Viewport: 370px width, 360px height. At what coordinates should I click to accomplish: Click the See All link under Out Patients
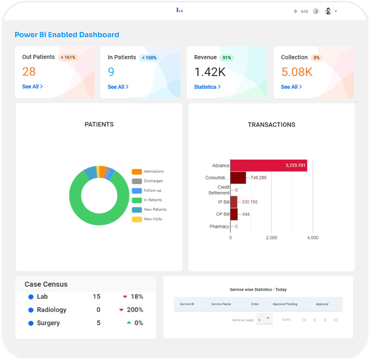point(32,87)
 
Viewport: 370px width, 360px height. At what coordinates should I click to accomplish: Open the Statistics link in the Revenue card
point(207,87)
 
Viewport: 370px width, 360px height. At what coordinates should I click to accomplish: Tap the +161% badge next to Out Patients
point(68,57)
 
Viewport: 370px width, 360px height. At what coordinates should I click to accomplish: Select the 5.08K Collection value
point(297,72)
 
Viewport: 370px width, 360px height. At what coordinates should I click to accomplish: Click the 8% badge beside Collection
point(316,58)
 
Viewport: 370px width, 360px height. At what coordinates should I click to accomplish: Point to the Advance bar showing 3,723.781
point(268,166)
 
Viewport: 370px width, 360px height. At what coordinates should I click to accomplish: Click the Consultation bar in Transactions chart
point(238,178)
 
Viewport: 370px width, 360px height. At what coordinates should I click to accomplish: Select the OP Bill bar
point(234,214)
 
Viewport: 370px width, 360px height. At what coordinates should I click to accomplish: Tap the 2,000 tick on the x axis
point(271,238)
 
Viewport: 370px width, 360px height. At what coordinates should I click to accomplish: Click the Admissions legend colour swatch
point(137,172)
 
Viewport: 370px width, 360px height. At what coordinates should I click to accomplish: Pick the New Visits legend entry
point(153,219)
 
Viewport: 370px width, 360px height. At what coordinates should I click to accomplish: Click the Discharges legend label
point(153,181)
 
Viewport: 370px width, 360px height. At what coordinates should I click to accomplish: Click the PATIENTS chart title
point(99,124)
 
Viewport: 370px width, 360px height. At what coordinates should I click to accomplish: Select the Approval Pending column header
point(285,304)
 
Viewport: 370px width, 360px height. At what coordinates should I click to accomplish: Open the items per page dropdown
point(264,319)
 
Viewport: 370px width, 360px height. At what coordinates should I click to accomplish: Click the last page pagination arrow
point(335,320)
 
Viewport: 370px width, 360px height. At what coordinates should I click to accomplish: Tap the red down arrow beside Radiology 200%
point(121,310)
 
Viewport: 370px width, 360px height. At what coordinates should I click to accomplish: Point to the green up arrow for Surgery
point(129,323)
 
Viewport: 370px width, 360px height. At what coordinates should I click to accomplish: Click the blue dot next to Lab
point(30,297)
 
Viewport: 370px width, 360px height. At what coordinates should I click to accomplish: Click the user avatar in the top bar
point(328,11)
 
